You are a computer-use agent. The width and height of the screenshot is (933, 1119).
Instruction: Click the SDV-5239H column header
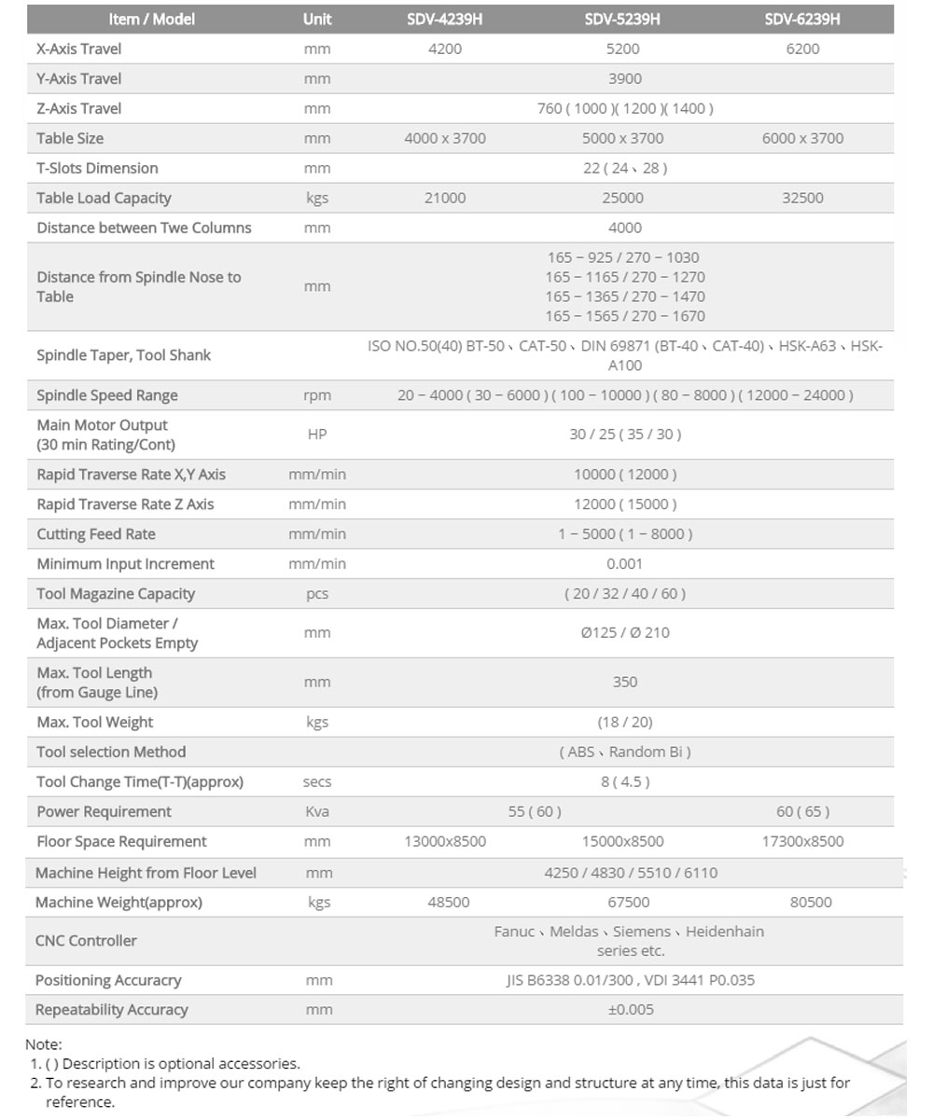[x=622, y=20]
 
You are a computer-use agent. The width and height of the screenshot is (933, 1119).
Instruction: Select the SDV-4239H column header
[x=444, y=20]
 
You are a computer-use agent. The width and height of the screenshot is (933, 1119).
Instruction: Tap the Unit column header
[x=317, y=20]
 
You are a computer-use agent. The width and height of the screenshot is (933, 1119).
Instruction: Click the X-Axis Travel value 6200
[x=802, y=49]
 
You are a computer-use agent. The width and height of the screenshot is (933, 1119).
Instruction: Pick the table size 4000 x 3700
[x=444, y=139]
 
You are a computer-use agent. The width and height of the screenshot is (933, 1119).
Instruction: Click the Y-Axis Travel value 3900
[x=624, y=79]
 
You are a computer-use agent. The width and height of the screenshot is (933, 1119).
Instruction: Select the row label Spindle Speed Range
[x=106, y=395]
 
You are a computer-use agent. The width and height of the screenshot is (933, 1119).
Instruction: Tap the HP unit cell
[x=317, y=435]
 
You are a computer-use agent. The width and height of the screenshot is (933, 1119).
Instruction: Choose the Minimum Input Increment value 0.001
[x=624, y=564]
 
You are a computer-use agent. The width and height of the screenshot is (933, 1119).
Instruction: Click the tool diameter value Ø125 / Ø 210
[x=624, y=633]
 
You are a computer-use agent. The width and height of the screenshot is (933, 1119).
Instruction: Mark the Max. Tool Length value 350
[x=624, y=683]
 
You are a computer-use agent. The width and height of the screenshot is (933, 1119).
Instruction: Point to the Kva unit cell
[x=317, y=812]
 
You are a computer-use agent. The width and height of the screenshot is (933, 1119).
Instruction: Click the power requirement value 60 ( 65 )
[x=802, y=812]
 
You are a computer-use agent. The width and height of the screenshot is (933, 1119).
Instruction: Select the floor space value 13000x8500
[x=444, y=842]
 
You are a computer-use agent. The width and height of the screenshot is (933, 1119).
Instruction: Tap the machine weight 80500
[x=810, y=903]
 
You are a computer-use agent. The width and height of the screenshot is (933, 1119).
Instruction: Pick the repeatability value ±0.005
[x=631, y=1010]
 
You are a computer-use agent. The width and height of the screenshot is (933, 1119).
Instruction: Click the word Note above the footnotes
[x=43, y=1044]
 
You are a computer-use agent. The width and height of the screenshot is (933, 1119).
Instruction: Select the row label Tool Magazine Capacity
[x=116, y=594]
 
